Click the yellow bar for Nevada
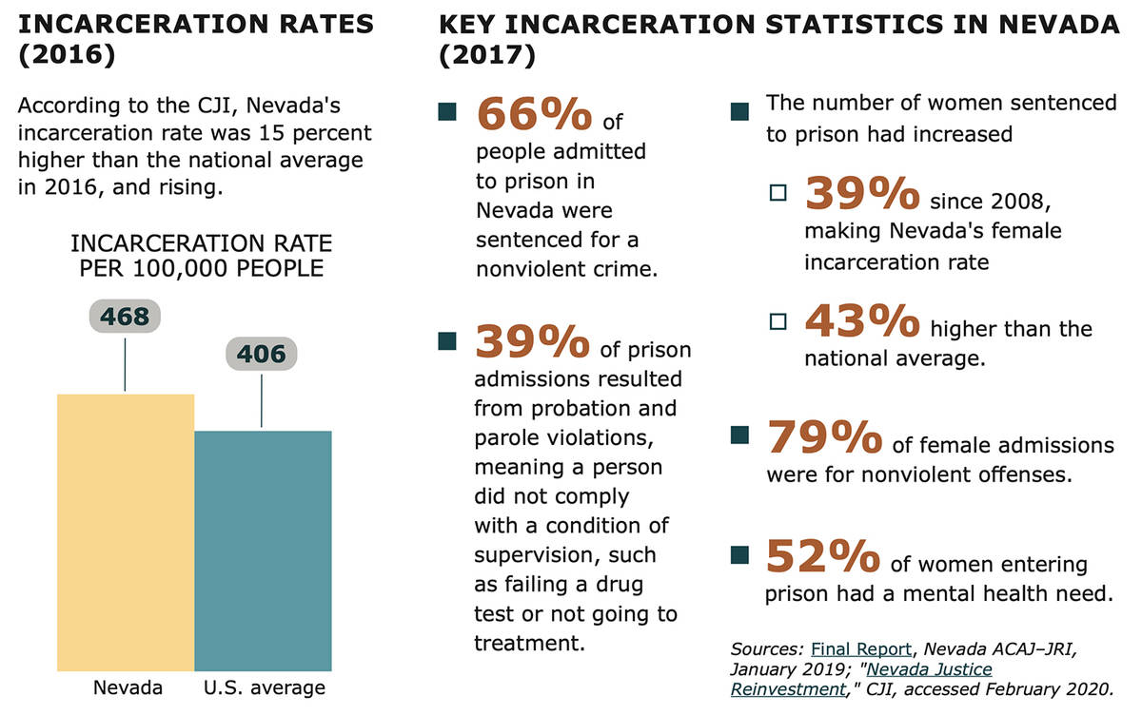tap(126, 532)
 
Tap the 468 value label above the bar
tap(126, 317)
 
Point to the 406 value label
tap(262, 355)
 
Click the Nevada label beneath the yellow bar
tap(128, 687)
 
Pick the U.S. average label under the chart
tap(266, 687)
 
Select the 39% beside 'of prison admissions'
tap(533, 343)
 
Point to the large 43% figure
tap(862, 322)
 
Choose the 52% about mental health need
tap(824, 557)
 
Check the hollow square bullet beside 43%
tap(778, 321)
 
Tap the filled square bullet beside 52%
tap(738, 555)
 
